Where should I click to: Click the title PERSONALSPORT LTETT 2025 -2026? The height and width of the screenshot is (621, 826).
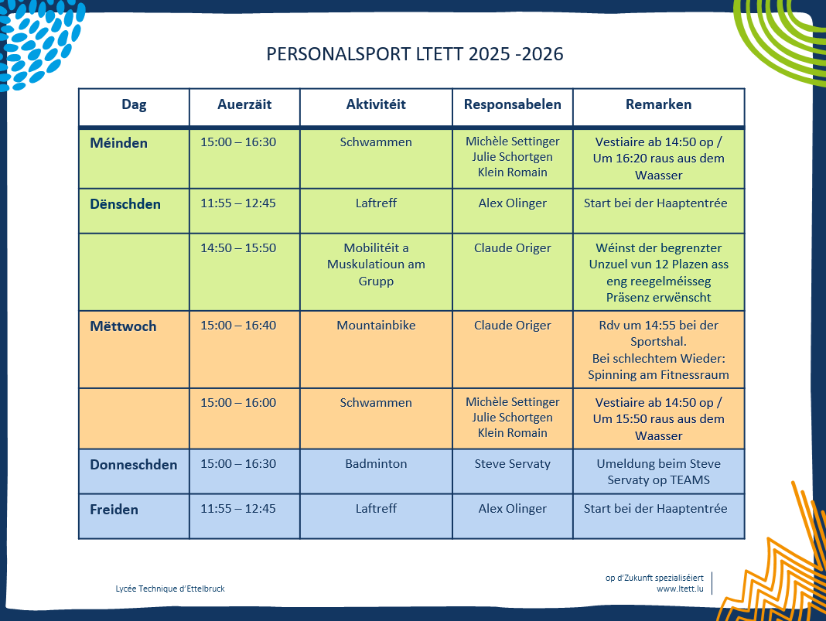coord(415,55)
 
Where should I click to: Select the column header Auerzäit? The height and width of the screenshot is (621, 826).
coord(244,104)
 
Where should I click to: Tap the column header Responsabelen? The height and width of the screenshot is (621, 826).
coord(512,104)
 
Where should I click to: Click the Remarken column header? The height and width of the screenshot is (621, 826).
coord(658,104)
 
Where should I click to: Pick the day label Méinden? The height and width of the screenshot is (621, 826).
coord(118,143)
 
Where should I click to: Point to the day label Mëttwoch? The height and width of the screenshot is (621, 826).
coord(123,326)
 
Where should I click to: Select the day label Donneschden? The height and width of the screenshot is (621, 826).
coord(133,465)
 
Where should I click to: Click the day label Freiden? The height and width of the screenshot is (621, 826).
coord(114,510)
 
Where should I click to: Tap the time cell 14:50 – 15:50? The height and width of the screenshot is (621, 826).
coord(238,248)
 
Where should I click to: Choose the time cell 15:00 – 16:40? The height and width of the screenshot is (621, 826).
coord(238,326)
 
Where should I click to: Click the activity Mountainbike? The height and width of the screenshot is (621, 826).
coord(376,326)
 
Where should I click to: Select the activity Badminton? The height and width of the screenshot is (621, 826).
coord(376,464)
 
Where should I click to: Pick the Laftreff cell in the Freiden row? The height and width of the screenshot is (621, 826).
coord(376,509)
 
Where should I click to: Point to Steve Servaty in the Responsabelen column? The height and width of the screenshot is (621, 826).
coord(512,464)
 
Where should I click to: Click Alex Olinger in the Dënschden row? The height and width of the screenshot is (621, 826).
coord(512,203)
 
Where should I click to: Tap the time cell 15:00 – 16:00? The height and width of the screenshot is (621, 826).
coord(238,403)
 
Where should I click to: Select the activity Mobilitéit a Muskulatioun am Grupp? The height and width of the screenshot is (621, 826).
coord(376,264)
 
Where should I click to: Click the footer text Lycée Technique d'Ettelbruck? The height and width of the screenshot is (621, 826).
coord(170,589)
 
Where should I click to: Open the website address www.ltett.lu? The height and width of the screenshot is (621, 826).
coord(680,589)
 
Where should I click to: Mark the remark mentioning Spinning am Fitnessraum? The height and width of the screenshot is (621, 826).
coord(658,375)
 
